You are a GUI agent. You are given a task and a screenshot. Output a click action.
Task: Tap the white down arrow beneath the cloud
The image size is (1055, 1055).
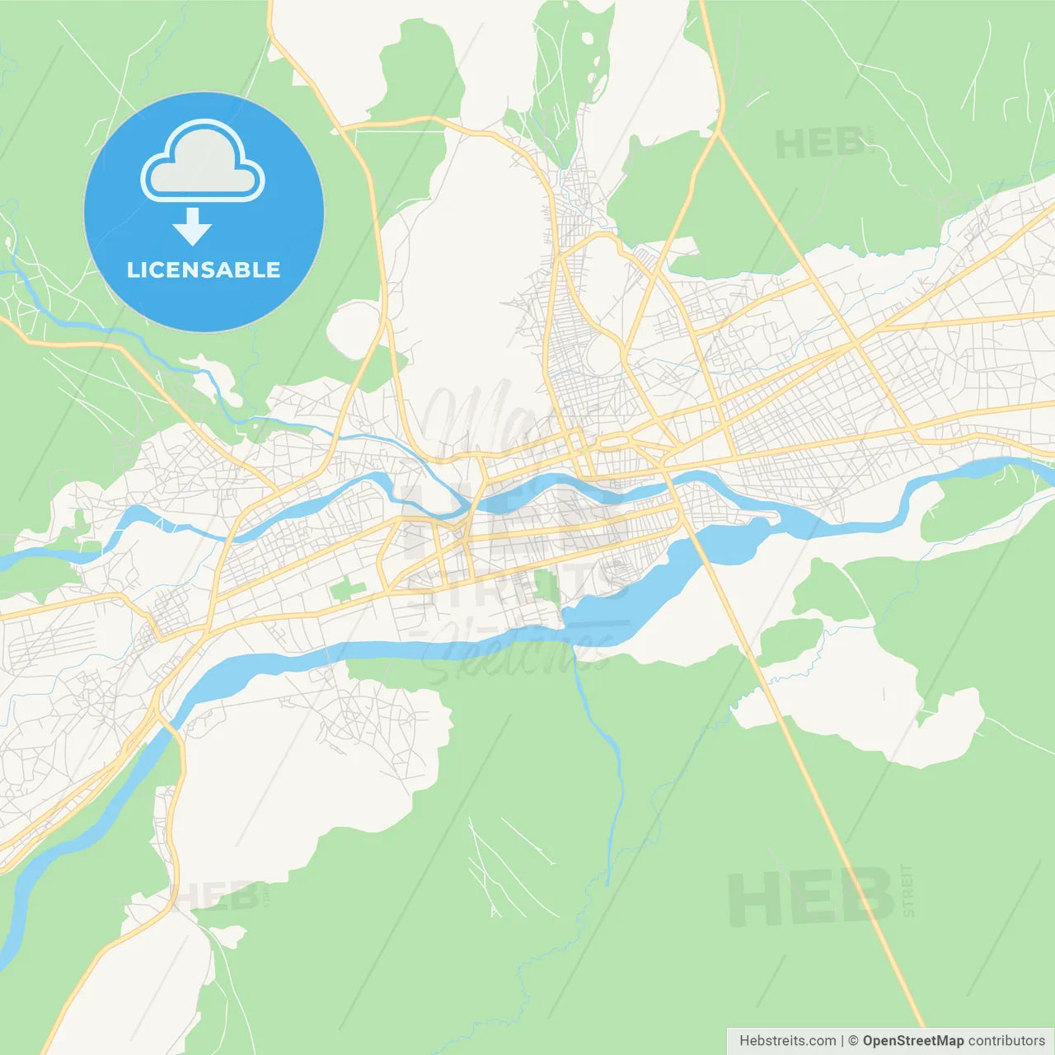point(192,227)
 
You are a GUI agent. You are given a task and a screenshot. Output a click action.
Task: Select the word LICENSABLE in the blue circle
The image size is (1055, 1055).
point(204,270)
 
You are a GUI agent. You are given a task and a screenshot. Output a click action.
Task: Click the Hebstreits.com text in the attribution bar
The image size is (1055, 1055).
point(787,1041)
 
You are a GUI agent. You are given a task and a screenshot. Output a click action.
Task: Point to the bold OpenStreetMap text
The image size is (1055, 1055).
point(912,1041)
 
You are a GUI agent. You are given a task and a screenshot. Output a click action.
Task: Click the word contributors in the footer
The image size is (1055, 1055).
point(1006,1041)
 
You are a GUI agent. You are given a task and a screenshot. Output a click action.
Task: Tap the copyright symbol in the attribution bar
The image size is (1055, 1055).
point(853,1041)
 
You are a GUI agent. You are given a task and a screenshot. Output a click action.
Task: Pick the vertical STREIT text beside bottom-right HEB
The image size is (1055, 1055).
point(907,890)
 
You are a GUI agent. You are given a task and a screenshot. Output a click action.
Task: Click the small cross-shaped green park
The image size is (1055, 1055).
point(348,590)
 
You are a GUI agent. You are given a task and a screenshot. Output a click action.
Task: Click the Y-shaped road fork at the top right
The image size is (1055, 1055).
point(719,132)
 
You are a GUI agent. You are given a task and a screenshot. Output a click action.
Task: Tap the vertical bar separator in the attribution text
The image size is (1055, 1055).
point(842,1041)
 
